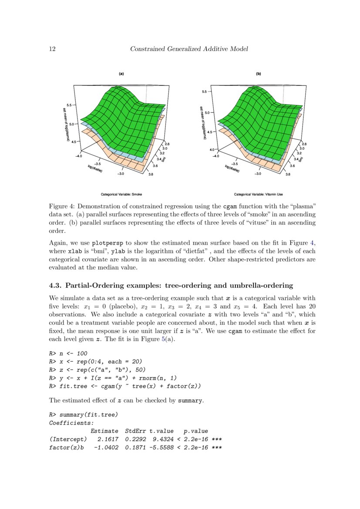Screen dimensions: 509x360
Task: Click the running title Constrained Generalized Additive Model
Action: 189,49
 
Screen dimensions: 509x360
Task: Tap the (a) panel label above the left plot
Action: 121,74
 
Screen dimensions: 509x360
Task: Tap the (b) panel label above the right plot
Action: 258,74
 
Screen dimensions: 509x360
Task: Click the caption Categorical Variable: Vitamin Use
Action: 259,194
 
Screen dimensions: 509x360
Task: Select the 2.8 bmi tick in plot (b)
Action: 304,144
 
